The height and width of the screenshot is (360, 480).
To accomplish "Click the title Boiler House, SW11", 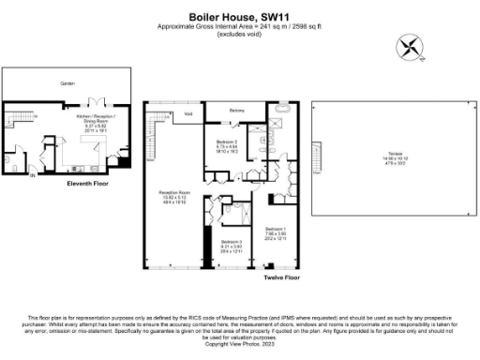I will tap(240, 16).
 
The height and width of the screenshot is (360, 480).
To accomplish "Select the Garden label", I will tap(67, 83).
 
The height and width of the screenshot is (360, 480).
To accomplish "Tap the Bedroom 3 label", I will tap(232, 243).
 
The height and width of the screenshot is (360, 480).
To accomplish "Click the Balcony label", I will tap(237, 112).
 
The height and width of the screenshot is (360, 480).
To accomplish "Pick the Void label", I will tap(188, 113).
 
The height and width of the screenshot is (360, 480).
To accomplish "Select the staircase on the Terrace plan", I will tap(316, 167).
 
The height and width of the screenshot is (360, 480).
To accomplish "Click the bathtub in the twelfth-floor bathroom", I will tap(280, 121).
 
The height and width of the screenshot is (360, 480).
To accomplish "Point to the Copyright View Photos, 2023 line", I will tap(240, 345).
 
